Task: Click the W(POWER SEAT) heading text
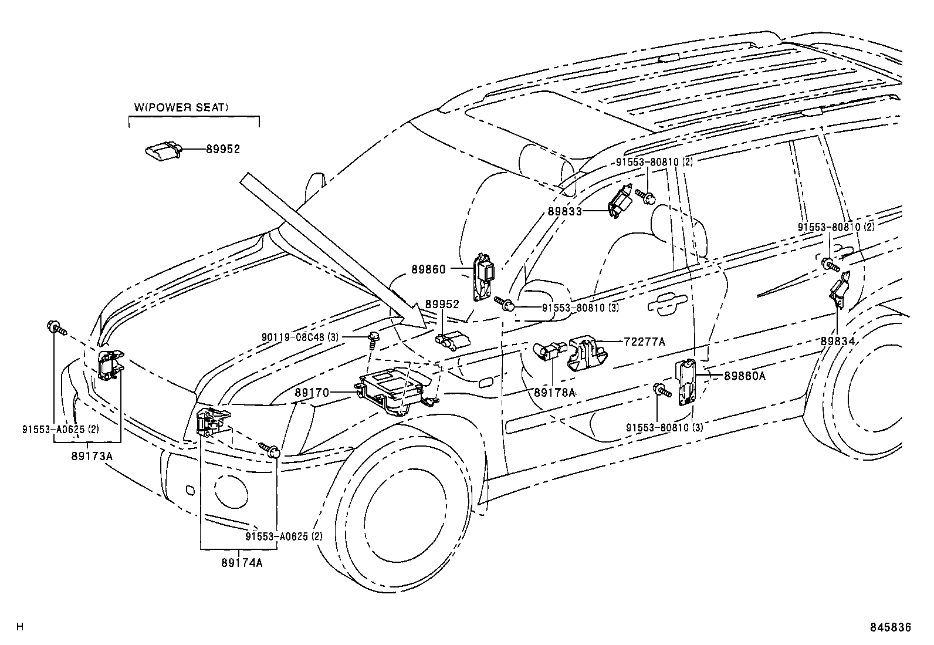[x=181, y=107]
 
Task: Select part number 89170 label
[x=312, y=392]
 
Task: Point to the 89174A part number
[x=242, y=562]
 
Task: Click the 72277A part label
[x=645, y=341]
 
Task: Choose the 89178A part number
[x=555, y=391]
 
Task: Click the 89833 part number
[x=565, y=211]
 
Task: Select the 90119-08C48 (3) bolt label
[x=300, y=337]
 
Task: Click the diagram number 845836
[x=890, y=627]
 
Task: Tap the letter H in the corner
[x=19, y=627]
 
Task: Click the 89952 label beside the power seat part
[x=223, y=150]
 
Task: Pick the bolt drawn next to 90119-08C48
[x=373, y=337]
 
